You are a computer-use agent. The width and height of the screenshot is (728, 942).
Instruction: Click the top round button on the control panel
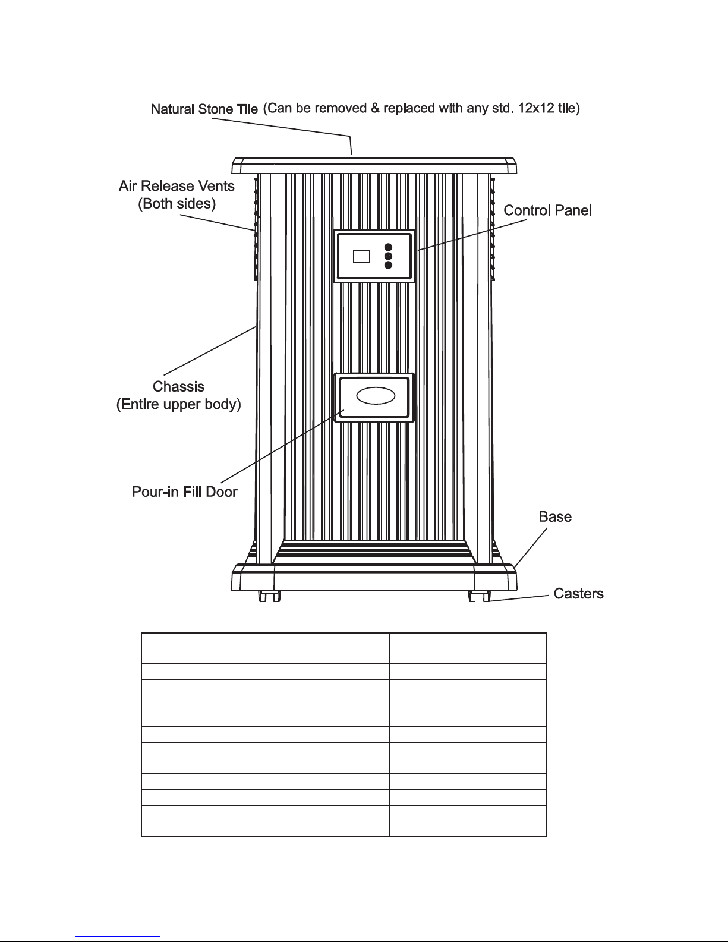click(x=388, y=247)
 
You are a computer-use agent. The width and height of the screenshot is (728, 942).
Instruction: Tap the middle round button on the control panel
click(x=388, y=256)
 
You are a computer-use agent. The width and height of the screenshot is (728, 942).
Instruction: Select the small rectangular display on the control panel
click(x=361, y=256)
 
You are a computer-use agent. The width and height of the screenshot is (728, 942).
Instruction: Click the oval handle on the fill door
click(x=376, y=396)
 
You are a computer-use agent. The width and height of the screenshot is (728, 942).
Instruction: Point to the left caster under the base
click(x=269, y=596)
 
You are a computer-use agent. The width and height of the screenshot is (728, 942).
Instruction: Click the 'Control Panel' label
click(x=547, y=210)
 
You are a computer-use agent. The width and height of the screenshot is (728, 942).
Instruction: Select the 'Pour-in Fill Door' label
click(x=184, y=492)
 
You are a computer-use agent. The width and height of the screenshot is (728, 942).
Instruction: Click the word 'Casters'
click(x=578, y=594)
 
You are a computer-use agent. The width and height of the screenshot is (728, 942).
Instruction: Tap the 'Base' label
click(x=555, y=517)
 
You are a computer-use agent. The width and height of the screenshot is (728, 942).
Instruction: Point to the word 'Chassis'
click(x=178, y=387)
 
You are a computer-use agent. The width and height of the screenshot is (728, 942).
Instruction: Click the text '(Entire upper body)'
click(x=178, y=405)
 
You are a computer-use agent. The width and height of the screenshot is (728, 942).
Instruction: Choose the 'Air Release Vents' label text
click(x=177, y=186)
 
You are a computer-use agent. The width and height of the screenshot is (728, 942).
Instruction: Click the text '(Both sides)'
click(x=177, y=204)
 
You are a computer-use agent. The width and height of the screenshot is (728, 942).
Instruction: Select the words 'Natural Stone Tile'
click(x=204, y=109)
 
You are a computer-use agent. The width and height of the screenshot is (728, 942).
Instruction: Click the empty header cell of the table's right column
click(x=468, y=648)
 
